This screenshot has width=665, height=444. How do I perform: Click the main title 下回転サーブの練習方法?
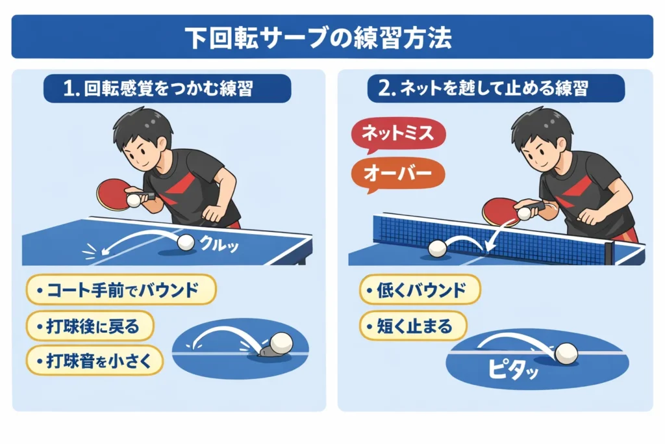click(332, 37)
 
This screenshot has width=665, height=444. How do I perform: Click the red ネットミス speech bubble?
click(397, 135)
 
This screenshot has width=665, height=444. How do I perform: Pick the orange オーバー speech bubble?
click(397, 172)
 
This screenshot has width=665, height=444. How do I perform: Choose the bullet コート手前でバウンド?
click(121, 290)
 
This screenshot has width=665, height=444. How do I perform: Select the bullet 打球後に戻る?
click(91, 326)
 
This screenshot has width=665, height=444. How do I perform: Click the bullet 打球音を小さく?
click(95, 361)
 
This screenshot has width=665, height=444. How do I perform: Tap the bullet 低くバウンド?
click(420, 290)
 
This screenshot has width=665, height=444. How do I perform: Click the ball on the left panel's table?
click(186, 242)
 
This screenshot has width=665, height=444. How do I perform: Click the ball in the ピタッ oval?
click(566, 352)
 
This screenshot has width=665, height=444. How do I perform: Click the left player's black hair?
click(144, 127)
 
